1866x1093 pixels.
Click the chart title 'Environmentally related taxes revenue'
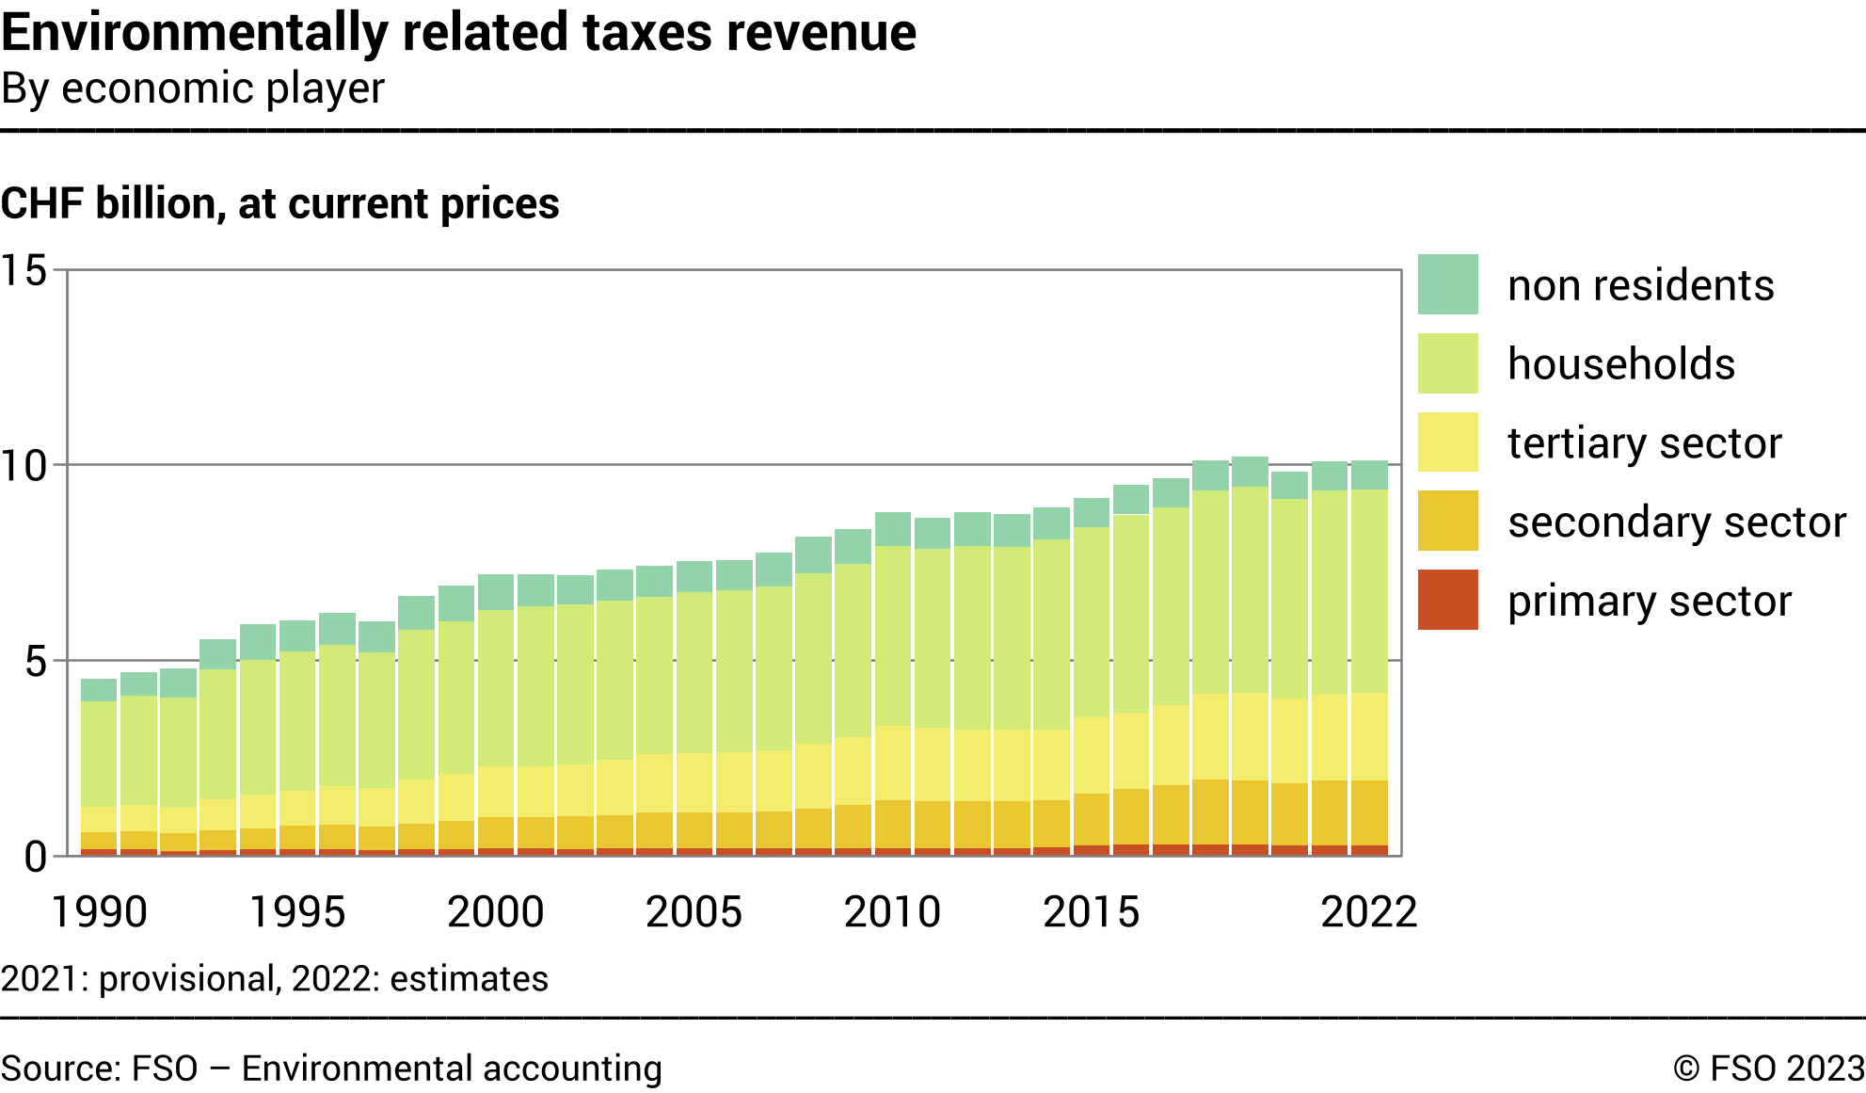tap(458, 32)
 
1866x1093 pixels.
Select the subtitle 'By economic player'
tap(193, 88)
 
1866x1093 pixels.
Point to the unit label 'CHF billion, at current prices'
tap(280, 203)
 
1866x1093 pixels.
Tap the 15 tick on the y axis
tap(24, 271)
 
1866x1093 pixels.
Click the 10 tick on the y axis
tap(24, 466)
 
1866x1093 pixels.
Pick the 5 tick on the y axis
tap(35, 662)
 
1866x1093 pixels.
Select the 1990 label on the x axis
tap(99, 911)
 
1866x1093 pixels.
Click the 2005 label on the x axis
tap(694, 911)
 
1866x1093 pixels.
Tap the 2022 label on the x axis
tap(1368, 911)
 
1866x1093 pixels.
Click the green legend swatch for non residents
tap(1447, 284)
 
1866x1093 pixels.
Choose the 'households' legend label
tap(1620, 364)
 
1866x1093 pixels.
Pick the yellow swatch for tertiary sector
tap(1447, 442)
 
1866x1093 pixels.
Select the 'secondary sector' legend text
tap(1676, 522)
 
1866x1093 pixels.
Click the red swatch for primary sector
tap(1447, 600)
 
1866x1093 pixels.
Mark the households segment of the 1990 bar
tap(99, 753)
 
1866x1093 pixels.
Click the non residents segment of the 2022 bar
tap(1369, 475)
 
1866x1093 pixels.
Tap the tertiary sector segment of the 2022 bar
tap(1369, 736)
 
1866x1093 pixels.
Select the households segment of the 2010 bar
tap(893, 635)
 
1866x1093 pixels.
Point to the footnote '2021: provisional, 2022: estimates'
tap(274, 979)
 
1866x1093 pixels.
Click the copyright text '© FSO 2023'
tap(1768, 1069)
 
